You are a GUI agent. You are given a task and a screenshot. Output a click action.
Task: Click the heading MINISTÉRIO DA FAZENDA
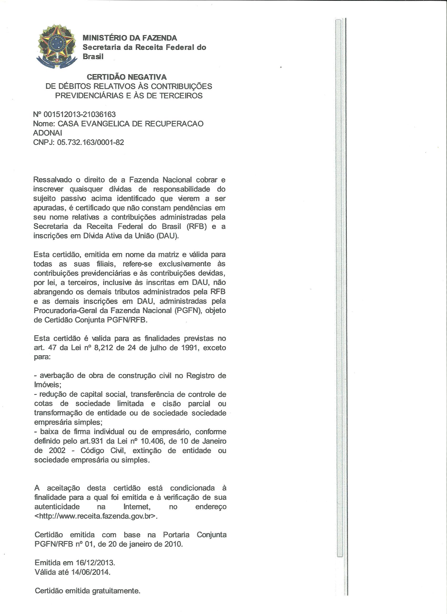[x=130, y=38]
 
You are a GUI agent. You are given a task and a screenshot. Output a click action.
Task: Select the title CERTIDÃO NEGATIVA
[x=126, y=77]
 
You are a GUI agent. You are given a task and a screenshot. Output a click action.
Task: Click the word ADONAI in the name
[x=47, y=133]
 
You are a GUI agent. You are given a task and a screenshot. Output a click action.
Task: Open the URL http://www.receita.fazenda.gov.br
[x=96, y=516]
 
